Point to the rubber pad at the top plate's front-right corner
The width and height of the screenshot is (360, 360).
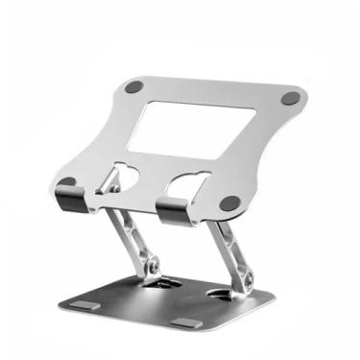click(230, 204)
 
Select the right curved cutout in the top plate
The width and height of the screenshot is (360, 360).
click(188, 182)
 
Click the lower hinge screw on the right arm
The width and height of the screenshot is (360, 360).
click(248, 278)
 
